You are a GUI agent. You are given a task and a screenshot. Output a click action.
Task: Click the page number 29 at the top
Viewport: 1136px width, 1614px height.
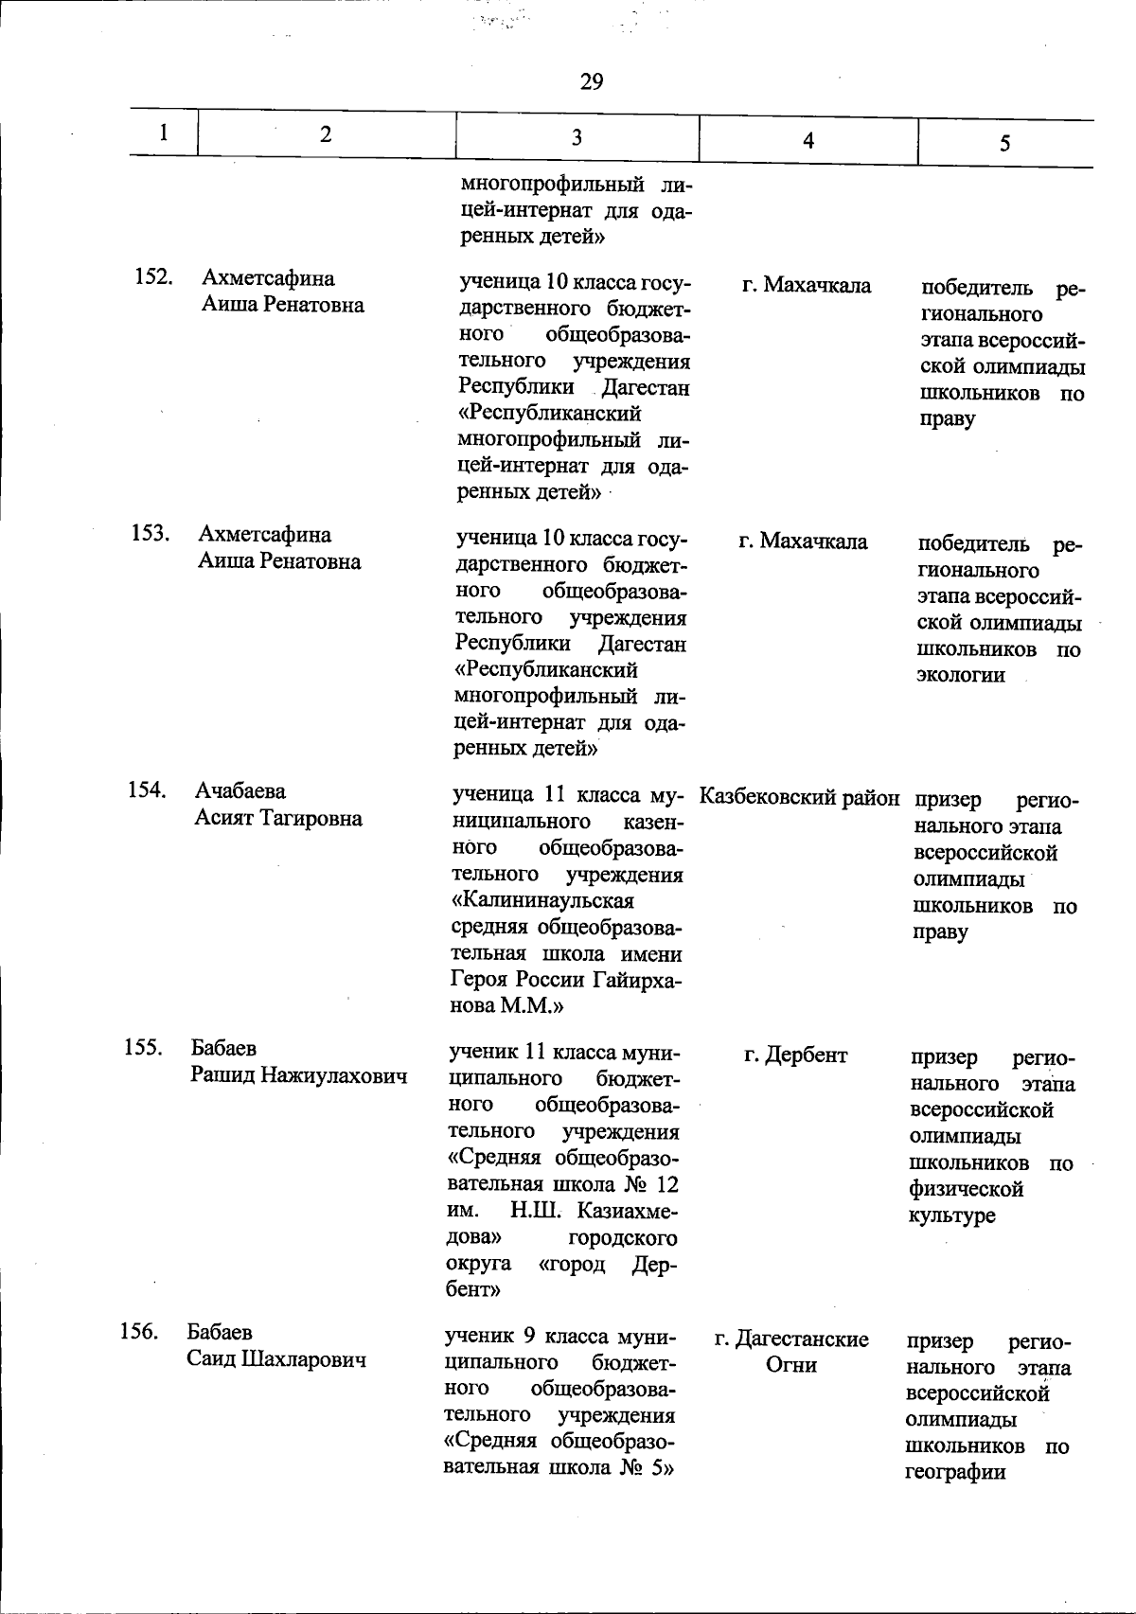[x=591, y=82]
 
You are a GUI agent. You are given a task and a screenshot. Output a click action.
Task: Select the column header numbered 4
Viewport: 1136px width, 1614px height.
[x=808, y=140]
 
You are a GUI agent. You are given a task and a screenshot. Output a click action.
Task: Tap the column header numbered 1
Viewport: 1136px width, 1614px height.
[x=164, y=133]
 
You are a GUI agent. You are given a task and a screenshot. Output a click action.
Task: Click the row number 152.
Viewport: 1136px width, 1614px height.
[x=151, y=277]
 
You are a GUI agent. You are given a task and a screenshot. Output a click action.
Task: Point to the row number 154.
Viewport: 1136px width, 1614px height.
[x=148, y=789]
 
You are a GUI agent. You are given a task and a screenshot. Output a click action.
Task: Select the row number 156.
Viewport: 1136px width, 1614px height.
[x=140, y=1331]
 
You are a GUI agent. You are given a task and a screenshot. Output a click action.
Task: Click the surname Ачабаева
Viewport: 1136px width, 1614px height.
[x=240, y=790]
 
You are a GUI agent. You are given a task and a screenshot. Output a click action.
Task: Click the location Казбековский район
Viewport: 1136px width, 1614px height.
[x=800, y=798]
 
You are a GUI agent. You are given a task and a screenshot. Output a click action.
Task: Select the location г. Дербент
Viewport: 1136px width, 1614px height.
[x=796, y=1055]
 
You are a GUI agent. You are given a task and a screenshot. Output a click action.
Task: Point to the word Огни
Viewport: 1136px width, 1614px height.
[x=791, y=1365]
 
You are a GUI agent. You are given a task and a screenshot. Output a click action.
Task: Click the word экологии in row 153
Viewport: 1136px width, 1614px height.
[x=961, y=676]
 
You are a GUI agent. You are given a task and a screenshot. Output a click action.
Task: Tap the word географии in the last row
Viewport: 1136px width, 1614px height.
[x=954, y=1472]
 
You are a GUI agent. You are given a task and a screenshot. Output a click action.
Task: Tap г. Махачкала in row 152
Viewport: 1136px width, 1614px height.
[x=807, y=285]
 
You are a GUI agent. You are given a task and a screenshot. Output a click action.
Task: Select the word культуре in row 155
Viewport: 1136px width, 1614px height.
[x=952, y=1215]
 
